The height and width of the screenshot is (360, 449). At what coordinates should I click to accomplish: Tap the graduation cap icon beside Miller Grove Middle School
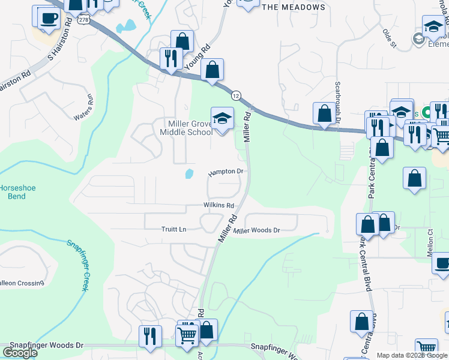pos(222,118)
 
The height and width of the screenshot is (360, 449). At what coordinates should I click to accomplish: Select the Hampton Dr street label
pos(226,172)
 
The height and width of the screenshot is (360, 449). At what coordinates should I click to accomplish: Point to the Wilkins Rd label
pos(218,205)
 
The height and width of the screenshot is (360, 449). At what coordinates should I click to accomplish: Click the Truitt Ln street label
pos(174,229)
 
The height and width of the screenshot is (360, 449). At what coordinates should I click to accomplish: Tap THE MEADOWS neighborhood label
pos(294,7)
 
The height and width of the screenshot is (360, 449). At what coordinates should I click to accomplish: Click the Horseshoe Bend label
pos(17,192)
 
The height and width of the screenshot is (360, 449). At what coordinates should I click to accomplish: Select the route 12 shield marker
pos(236,95)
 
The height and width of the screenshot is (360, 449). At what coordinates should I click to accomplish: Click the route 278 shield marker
pos(83,20)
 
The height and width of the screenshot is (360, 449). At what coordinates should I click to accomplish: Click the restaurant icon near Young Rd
pos(171,58)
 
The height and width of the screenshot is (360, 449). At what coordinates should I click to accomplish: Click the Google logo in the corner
pos(20,353)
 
